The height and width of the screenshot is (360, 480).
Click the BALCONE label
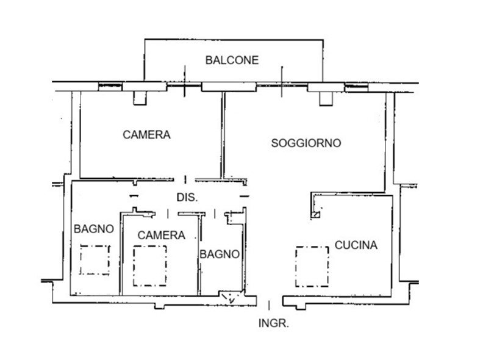click(232, 60)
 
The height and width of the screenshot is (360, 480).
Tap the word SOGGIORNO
click(306, 143)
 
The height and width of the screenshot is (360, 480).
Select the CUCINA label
click(356, 245)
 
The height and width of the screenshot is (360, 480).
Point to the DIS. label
click(187, 198)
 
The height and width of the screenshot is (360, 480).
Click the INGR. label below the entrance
click(274, 323)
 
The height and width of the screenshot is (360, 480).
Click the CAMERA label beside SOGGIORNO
click(146, 135)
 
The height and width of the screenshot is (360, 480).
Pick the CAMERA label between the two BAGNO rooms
click(162, 235)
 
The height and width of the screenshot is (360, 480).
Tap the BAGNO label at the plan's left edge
click(94, 229)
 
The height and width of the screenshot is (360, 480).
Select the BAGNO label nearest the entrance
click(220, 254)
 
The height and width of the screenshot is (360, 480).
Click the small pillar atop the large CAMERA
click(140, 98)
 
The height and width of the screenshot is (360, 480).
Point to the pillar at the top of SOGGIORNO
click(326, 99)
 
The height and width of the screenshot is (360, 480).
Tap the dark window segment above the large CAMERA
click(110, 87)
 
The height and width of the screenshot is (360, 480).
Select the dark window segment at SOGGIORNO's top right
click(356, 87)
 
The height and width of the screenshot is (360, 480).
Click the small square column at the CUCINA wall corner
click(316, 214)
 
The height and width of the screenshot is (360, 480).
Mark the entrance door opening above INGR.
click(270, 301)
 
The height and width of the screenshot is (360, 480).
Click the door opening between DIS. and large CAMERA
click(185, 179)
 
